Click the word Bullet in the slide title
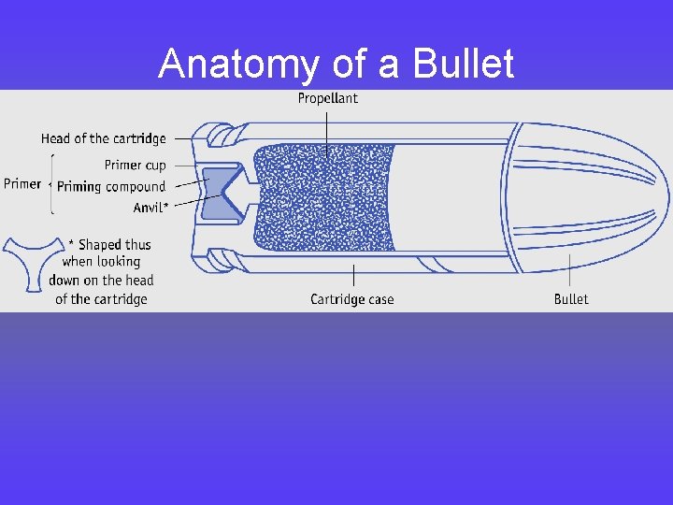(465, 65)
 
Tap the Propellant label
(327, 98)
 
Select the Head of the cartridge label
(103, 138)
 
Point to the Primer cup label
(136, 165)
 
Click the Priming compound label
(111, 186)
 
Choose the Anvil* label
(150, 208)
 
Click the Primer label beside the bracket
(22, 183)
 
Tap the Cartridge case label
(352, 299)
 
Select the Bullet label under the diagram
(571, 299)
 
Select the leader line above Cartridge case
(353, 277)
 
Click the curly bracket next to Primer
(50, 183)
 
